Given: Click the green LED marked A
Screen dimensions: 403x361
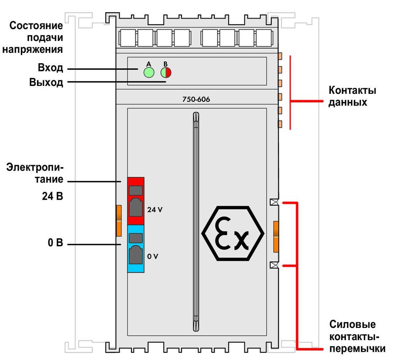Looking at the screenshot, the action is click(x=149, y=72).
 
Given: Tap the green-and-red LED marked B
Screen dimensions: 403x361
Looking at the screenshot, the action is click(x=166, y=73).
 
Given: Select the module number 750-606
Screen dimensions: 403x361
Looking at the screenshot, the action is click(x=196, y=99).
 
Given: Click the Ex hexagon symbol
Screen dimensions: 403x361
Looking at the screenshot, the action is click(x=233, y=233).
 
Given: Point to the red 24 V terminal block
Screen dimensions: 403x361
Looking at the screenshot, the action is click(x=136, y=201).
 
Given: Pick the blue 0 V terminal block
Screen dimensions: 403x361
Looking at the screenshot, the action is click(x=136, y=249).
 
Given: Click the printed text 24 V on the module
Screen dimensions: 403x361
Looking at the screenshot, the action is click(x=155, y=210).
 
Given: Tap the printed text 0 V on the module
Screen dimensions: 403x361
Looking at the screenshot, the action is click(x=153, y=256).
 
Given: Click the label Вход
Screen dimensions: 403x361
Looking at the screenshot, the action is click(x=50, y=67).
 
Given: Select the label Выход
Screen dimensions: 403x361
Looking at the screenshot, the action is click(x=46, y=82).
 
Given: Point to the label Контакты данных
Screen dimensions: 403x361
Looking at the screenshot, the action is click(x=352, y=96).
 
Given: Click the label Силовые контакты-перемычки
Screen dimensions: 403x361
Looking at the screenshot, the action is click(x=357, y=336).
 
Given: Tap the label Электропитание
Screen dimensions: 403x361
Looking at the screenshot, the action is click(x=35, y=173).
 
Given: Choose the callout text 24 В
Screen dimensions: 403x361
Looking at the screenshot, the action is click(x=52, y=196).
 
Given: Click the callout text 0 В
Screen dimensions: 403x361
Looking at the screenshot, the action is click(x=55, y=242).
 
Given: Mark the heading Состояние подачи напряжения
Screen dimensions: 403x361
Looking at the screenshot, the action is click(x=33, y=37).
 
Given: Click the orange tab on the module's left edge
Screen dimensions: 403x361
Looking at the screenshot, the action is click(x=119, y=221).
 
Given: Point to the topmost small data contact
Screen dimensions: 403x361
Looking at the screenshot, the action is click(x=280, y=56).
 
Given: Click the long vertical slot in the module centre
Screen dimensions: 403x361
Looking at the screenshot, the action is click(x=196, y=222).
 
